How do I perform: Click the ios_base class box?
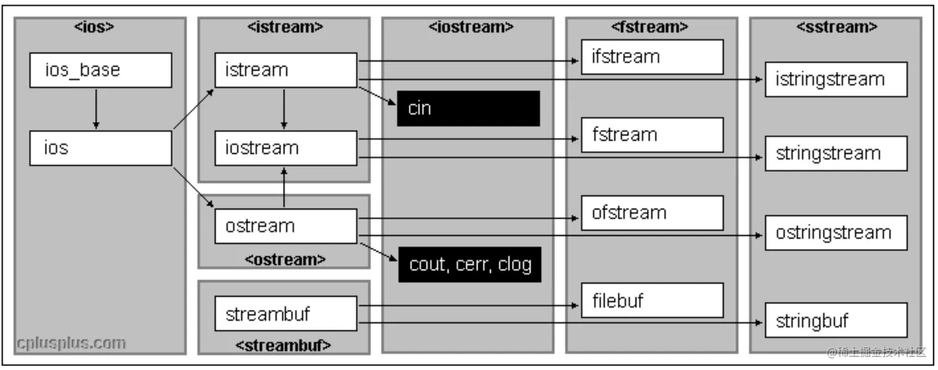100,70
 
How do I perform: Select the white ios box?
100,148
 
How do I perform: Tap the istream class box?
285,70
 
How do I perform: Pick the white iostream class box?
285,148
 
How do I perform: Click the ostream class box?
285,226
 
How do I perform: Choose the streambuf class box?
285,314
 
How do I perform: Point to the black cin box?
468,108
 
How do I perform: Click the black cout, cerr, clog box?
470,265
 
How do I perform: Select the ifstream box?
652,57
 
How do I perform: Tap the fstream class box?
652,135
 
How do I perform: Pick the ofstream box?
652,213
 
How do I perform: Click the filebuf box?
652,301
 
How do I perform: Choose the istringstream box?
836,79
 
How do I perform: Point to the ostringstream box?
836,233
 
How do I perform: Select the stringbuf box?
836,320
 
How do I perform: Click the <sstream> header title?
837,27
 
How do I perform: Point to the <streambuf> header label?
283,345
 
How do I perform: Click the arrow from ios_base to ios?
96,109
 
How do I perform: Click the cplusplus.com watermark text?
71,343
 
